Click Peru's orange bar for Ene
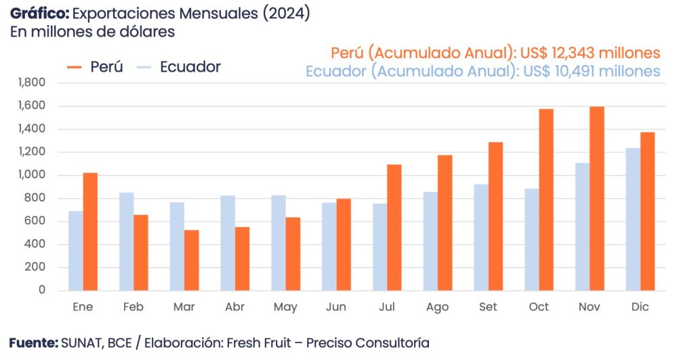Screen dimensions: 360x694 pyautogui.click(x=90, y=231)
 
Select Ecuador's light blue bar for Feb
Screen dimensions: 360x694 pyautogui.click(x=127, y=241)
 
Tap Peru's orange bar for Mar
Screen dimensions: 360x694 pyautogui.click(x=192, y=260)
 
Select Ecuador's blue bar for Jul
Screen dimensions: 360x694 pyautogui.click(x=380, y=247)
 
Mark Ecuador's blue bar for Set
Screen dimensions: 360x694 pyautogui.click(x=481, y=237)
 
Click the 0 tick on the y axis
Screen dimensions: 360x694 pyautogui.click(x=41, y=290)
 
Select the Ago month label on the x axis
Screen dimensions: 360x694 pyautogui.click(x=437, y=307)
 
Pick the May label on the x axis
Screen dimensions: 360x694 pyautogui.click(x=285, y=307)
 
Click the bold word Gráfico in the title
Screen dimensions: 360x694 pyautogui.click(x=39, y=14)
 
